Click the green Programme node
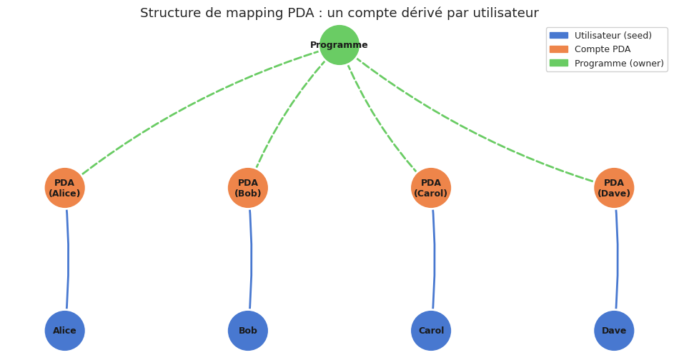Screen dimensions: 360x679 339,45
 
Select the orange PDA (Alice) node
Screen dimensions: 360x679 65,188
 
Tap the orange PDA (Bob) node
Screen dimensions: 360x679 248,188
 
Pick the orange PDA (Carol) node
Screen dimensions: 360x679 431,188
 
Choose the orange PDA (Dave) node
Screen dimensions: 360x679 614,188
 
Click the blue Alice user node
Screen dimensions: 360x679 65,331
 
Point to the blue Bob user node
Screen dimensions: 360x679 248,331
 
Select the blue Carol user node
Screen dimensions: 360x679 431,331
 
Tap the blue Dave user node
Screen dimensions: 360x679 614,331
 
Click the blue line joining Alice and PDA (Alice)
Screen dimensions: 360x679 68,259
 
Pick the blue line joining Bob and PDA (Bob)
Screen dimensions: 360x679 251,259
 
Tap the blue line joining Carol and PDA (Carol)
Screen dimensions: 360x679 434,259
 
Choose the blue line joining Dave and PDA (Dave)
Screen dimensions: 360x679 617,259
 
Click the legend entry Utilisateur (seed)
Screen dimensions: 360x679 613,36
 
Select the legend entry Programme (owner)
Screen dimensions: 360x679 618,64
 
